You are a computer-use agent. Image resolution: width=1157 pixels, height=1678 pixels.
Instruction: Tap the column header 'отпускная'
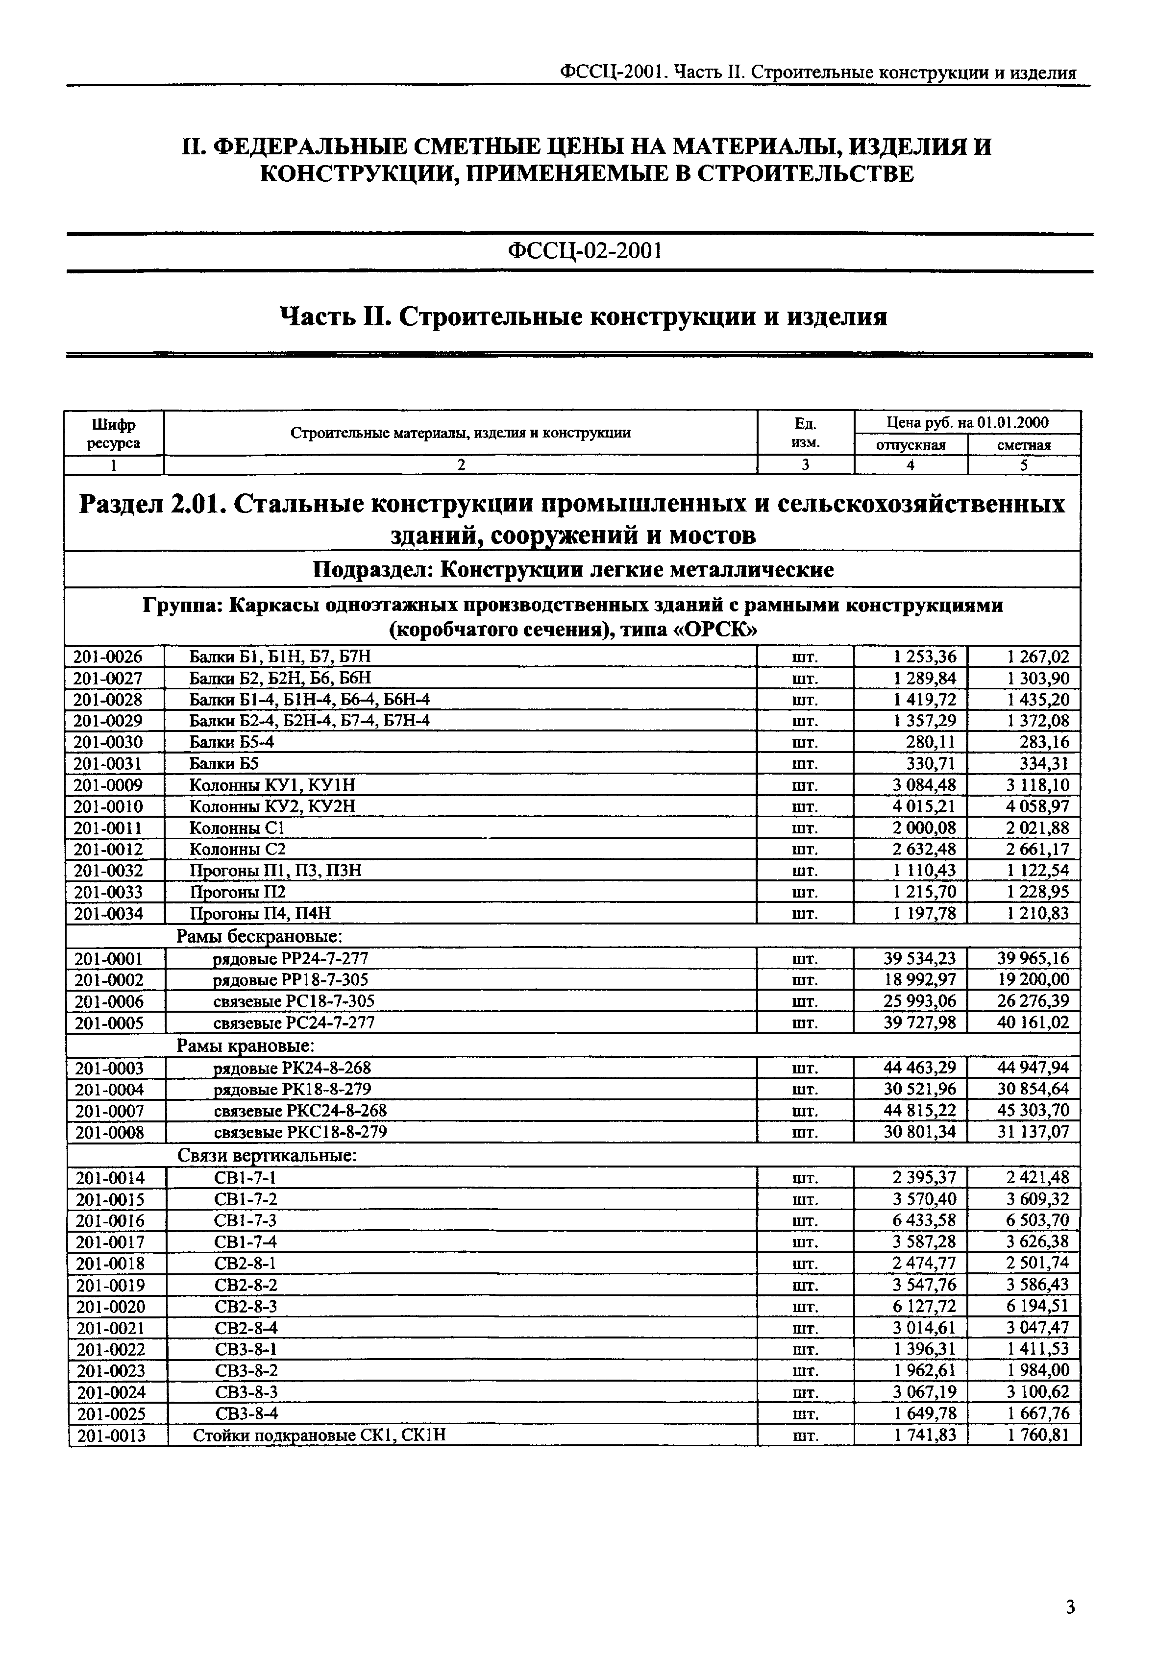(911, 445)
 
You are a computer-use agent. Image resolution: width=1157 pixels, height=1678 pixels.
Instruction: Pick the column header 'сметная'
(1024, 445)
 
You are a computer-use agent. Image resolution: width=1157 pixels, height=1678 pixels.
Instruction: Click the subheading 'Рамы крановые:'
(245, 1045)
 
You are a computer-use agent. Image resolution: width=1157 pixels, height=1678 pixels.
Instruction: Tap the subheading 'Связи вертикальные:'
(267, 1155)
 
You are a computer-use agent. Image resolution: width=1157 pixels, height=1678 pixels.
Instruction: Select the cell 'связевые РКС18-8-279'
(300, 1131)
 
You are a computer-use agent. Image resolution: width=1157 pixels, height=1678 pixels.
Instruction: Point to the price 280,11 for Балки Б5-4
(930, 742)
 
